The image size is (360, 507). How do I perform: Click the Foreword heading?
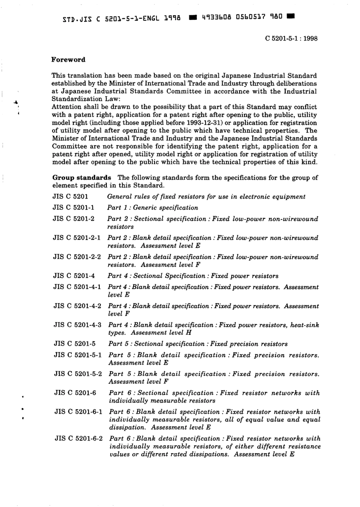coord(69,60)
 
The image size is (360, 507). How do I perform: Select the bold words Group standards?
coord(81,177)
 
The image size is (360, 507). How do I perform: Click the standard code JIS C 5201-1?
coord(74,207)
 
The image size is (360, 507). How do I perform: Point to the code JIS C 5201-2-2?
coord(77,257)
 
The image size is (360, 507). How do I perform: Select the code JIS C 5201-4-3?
coord(77,325)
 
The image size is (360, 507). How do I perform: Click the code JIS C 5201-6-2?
coord(78,438)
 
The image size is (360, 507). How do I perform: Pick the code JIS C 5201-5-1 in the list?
coord(78,355)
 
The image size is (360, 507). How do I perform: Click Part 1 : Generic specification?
coord(152,207)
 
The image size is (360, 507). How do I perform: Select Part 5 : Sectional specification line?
coord(198,344)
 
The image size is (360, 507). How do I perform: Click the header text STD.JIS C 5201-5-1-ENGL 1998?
coord(121,18)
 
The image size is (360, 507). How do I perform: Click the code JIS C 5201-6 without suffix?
coord(75,393)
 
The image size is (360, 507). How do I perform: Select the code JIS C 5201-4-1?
coord(77,287)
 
